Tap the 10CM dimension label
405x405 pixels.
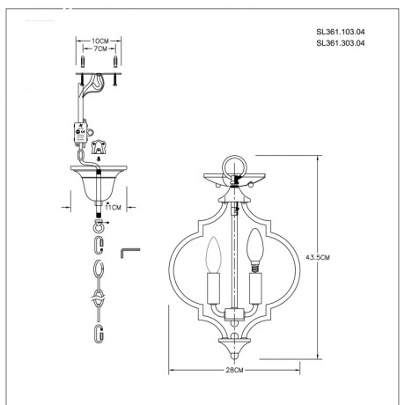pos(99,40)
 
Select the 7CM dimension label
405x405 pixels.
pos(99,51)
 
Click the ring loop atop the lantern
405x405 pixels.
pos(232,165)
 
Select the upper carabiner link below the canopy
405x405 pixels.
pos(99,239)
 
